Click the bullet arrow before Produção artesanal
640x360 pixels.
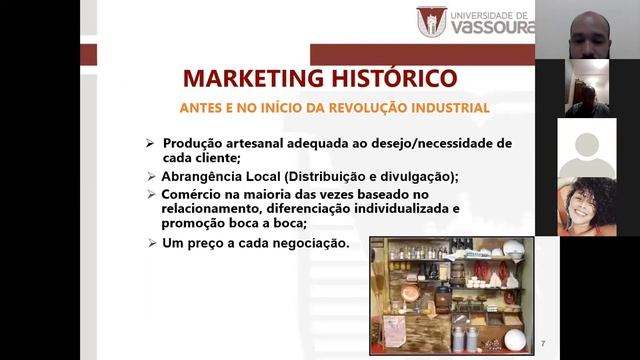pyautogui.click(x=150, y=143)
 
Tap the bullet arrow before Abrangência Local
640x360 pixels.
pyautogui.click(x=150, y=175)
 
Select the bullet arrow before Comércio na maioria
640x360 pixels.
pyautogui.click(x=150, y=193)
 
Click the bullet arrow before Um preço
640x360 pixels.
pyautogui.click(x=150, y=243)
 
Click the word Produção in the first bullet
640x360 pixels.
pyautogui.click(x=191, y=143)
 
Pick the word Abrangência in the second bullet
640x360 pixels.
pyautogui.click(x=205, y=176)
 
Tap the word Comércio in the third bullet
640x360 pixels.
pyautogui.click(x=193, y=193)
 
